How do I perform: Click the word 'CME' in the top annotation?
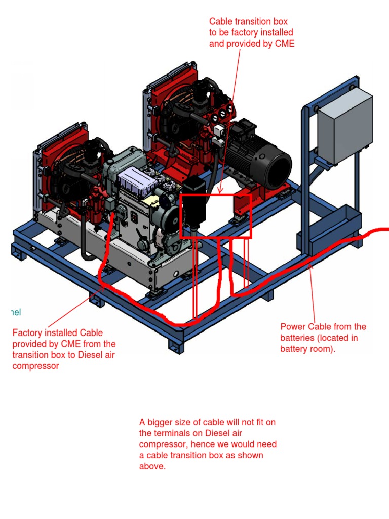[x=285, y=44]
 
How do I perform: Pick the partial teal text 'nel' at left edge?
[x=15, y=312]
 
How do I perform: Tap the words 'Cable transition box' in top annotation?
[x=248, y=22]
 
